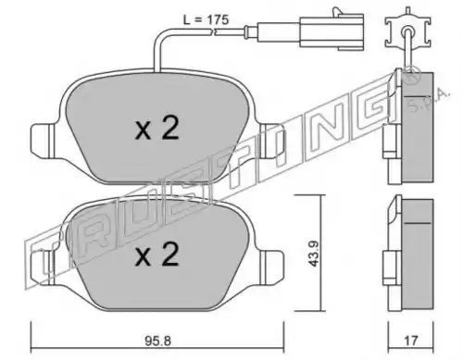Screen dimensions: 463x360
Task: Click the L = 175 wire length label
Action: point(206,20)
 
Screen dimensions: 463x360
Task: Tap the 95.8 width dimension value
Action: point(157,341)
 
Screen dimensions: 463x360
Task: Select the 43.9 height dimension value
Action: point(315,254)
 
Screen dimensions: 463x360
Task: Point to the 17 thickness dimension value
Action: point(411,341)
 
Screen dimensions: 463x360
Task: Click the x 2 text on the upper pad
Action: point(157,129)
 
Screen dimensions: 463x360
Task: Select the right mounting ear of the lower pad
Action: point(272,267)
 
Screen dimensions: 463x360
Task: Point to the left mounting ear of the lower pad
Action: point(43,267)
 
